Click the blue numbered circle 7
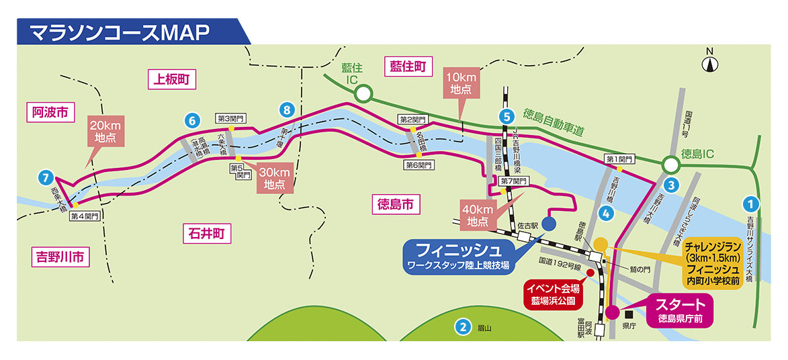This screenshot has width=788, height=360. click(x=45, y=178)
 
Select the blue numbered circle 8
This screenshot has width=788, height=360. click(x=287, y=109)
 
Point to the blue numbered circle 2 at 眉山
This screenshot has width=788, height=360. click(x=462, y=328)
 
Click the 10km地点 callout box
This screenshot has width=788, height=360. click(x=461, y=82)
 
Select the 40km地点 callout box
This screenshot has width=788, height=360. click(x=478, y=214)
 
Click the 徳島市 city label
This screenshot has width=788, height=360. click(x=394, y=204)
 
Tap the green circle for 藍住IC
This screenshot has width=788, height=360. click(x=363, y=93)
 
